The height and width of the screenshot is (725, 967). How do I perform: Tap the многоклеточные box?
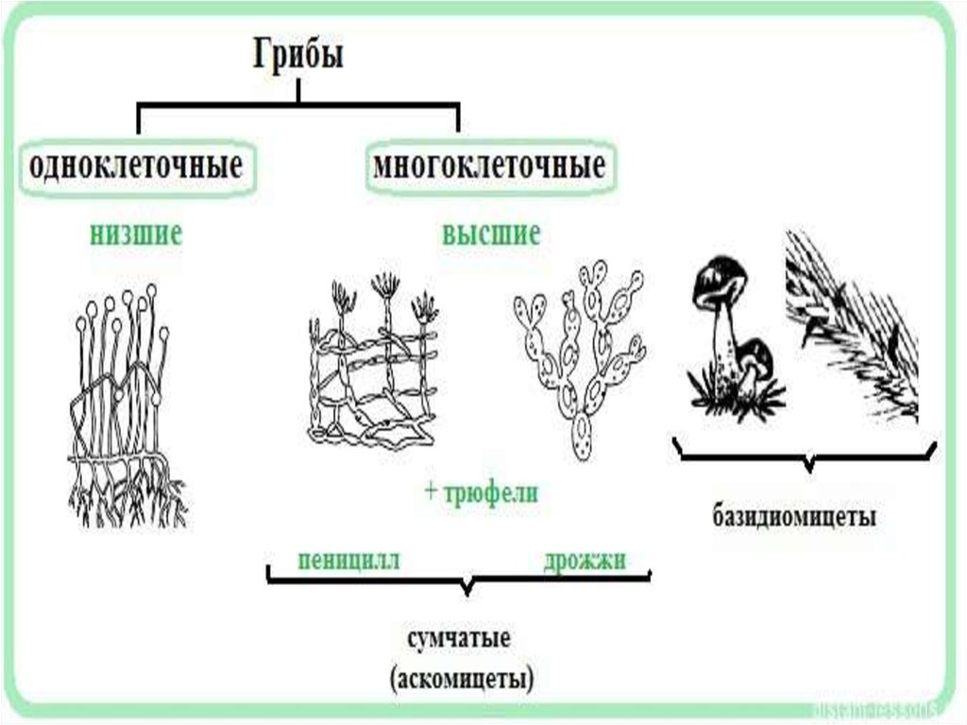click(488, 168)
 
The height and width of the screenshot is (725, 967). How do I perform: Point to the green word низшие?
click(136, 233)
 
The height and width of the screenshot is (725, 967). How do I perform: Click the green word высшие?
click(491, 233)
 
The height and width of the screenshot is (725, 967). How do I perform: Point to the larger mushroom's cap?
click(721, 282)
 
